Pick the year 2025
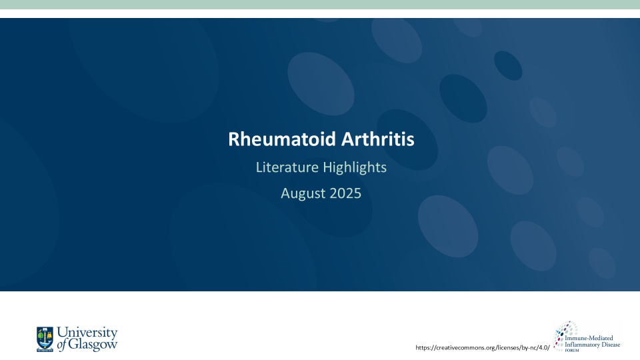345,193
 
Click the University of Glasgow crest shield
45,338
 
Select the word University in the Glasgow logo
87,333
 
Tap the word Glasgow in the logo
93,345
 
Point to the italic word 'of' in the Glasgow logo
62,345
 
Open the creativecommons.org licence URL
483,347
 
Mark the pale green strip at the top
320,5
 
